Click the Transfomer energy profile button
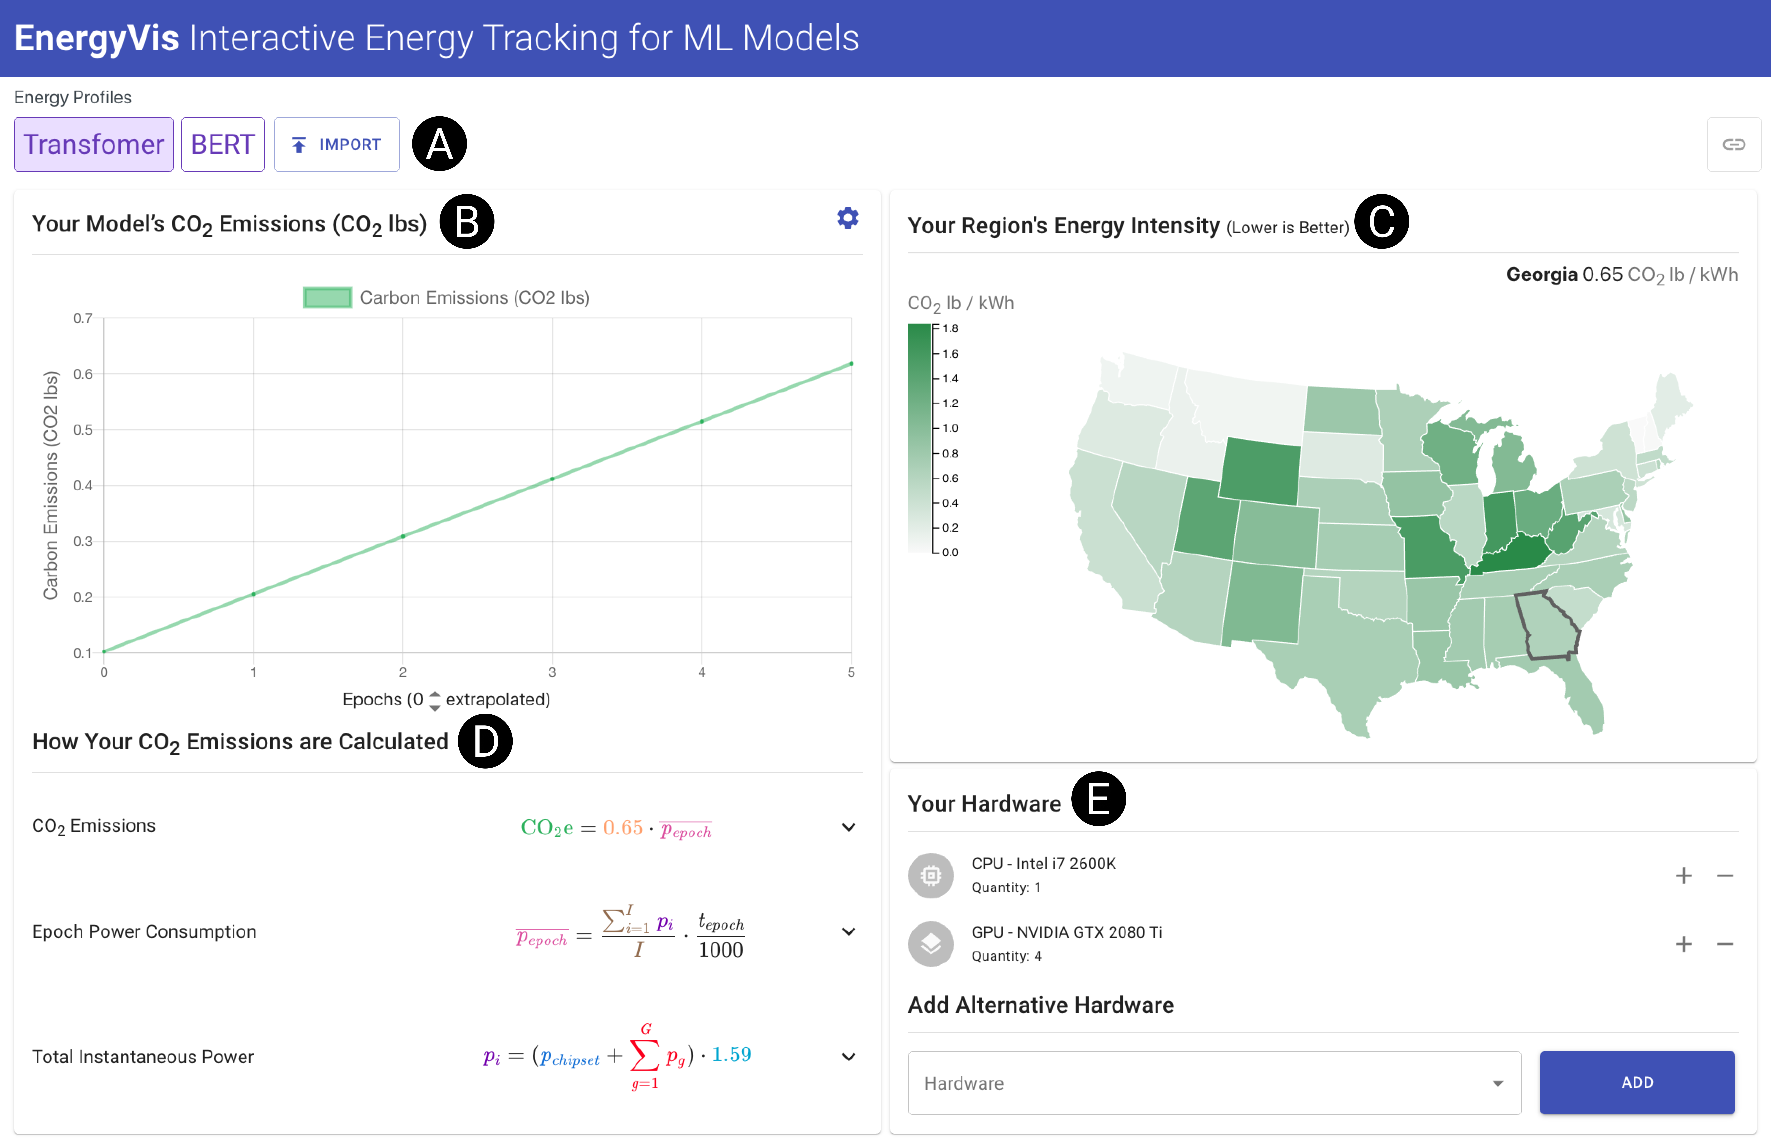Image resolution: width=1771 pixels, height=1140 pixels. [93, 144]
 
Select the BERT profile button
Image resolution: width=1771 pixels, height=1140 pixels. [222, 144]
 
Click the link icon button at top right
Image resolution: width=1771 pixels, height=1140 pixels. [1733, 144]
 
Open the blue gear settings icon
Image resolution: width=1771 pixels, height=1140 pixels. [847, 218]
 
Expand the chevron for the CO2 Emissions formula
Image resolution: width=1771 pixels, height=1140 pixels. [849, 827]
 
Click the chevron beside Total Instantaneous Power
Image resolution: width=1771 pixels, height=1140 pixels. [849, 1056]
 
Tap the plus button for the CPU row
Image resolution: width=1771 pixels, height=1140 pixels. [1684, 876]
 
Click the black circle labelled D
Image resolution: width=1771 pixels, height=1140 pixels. [485, 741]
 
